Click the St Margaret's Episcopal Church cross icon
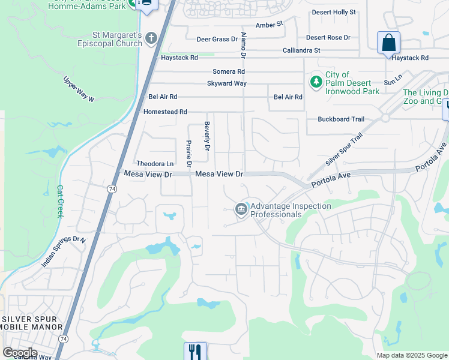(151, 38)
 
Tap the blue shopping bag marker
(388, 43)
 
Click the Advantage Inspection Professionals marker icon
(241, 209)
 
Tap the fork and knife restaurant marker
(195, 352)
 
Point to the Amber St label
(269, 25)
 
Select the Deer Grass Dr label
(217, 39)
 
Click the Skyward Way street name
(227, 83)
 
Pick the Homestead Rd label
(165, 112)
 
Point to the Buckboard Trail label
(341, 119)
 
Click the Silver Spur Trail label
(345, 151)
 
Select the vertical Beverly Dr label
(207, 136)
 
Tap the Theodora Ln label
(155, 163)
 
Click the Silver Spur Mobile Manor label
(32, 322)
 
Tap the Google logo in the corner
(19, 352)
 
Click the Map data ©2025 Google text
(412, 355)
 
